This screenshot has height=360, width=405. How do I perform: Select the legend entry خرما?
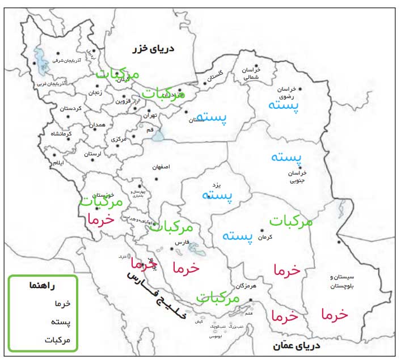[61, 304]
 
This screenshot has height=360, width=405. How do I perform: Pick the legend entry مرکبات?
[57, 340]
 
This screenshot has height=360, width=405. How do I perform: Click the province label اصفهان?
[162, 168]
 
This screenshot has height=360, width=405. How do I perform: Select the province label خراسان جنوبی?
[298, 176]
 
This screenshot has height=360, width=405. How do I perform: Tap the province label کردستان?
[71, 108]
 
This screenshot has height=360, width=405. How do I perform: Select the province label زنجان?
[95, 93]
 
